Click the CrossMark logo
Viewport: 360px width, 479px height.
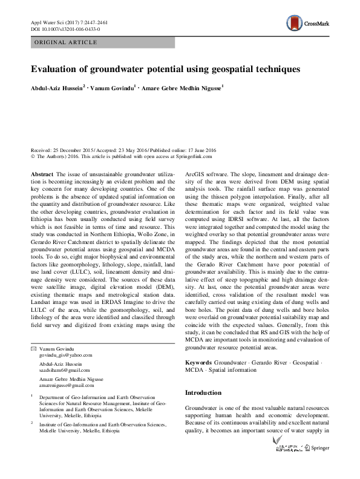pyautogui.click(x=308, y=24)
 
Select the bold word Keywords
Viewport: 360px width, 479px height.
pyautogui.click(x=199, y=362)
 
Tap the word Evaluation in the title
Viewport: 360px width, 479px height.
pyautogui.click(x=56, y=69)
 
